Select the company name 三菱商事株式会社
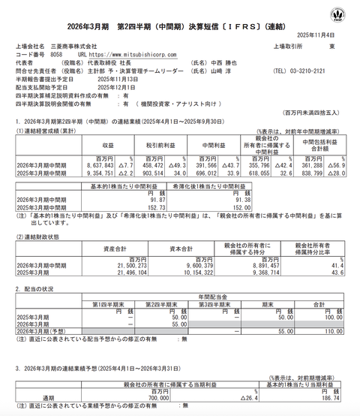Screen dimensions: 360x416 click(78, 46)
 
